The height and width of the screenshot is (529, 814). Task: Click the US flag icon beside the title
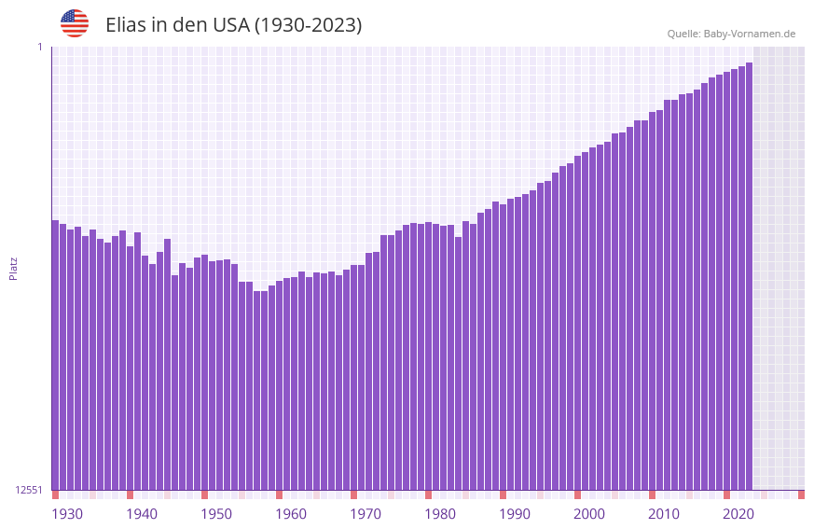point(75,23)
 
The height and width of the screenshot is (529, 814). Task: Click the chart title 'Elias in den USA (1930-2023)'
point(233,25)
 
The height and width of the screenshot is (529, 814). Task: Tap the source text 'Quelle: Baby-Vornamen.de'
point(731,34)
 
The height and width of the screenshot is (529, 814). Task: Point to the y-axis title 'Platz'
point(13,268)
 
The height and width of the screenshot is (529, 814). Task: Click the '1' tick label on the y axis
point(39,47)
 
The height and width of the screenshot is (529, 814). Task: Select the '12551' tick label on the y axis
point(30,490)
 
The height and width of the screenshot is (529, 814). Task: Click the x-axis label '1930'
point(67,514)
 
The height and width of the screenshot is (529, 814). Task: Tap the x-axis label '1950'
point(216,514)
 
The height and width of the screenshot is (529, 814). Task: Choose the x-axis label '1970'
point(366,514)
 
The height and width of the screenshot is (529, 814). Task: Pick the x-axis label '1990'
point(515,514)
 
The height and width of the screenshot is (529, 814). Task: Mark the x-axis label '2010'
point(664,514)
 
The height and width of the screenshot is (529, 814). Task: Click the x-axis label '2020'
point(738,514)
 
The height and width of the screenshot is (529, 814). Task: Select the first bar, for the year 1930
point(55,355)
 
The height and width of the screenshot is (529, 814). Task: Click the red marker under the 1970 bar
point(353,494)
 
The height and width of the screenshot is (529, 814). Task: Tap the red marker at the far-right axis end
point(801,494)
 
